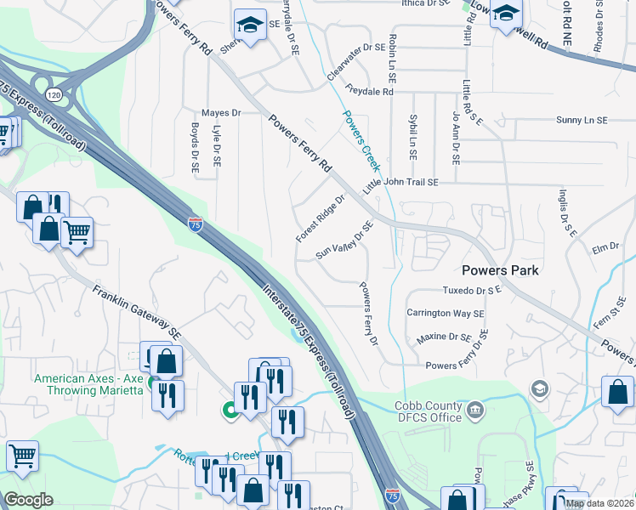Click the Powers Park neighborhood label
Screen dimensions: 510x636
click(501, 270)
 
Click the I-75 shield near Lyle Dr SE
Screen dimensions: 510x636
click(196, 224)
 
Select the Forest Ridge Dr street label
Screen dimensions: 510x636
click(321, 218)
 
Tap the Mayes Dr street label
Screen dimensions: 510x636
click(221, 113)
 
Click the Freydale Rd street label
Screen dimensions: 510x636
click(370, 89)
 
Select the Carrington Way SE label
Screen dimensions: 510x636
click(445, 313)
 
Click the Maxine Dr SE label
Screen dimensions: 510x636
click(444, 337)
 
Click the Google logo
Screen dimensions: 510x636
click(29, 500)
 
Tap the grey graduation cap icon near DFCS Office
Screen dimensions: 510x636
click(539, 389)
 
